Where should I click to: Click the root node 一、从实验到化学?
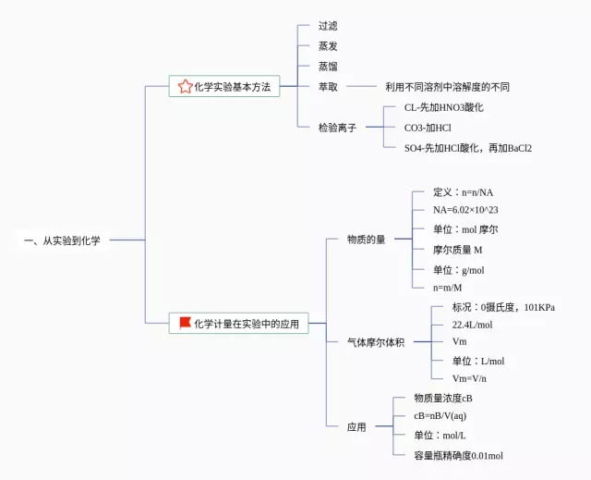62,240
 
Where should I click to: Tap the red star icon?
185,87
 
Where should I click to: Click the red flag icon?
185,323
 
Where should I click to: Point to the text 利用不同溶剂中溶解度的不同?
447,87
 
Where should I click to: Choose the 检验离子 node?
337,128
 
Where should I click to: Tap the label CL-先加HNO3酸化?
444,107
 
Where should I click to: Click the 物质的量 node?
367,240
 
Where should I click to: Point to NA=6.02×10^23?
471,209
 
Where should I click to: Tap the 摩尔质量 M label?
458,250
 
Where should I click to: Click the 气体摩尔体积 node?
376,342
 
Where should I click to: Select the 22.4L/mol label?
472,326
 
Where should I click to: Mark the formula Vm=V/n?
469,378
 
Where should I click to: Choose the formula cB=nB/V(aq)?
440,416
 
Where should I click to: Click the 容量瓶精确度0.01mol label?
459,455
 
